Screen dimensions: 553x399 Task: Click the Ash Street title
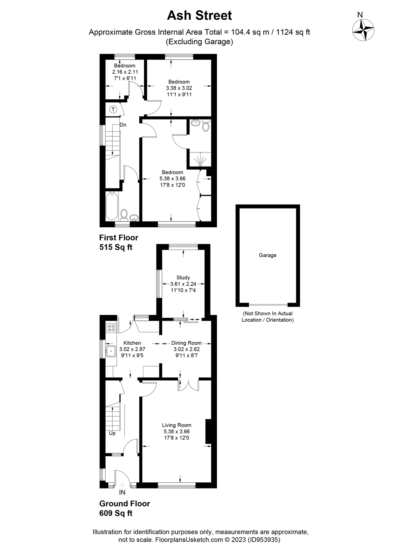coord(199,16)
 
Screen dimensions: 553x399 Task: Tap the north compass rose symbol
coord(363,30)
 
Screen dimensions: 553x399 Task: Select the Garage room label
coord(267,255)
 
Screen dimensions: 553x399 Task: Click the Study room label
coord(183,277)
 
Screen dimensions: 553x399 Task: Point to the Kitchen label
coord(132,343)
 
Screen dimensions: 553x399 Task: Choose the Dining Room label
coord(186,343)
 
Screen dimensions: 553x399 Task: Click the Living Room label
coord(176,425)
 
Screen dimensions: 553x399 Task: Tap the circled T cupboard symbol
coord(113,109)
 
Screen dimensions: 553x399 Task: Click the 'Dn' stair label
coord(123,125)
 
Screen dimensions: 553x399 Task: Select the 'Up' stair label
coord(112,433)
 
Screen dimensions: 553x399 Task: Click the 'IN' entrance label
coord(122,492)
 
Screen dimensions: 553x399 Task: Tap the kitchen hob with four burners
coord(111,328)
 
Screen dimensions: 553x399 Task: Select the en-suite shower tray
coord(200,160)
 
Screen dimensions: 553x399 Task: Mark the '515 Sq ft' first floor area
coord(116,247)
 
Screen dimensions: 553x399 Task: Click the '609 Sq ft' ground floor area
coord(116,513)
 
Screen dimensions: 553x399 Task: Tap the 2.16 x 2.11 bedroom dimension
coord(125,72)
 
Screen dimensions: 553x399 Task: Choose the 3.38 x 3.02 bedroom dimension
coord(179,88)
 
